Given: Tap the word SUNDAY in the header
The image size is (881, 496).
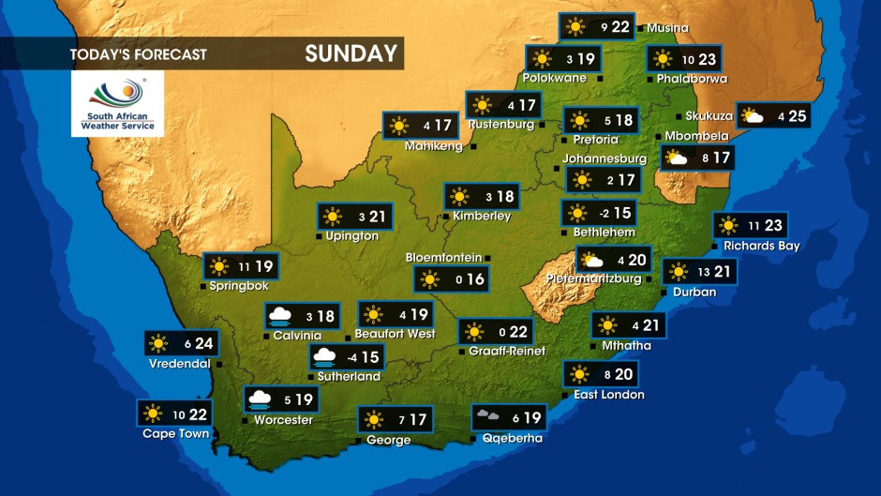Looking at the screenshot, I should pos(351,53).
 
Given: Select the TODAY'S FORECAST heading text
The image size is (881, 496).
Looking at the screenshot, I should pos(138,54).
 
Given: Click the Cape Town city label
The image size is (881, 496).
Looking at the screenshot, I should pos(175,434).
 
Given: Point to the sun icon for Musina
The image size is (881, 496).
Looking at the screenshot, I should pos(574,26).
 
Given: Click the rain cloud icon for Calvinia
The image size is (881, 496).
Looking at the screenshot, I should pos(280,316).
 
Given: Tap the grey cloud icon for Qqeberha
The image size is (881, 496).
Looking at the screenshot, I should pos(487,416).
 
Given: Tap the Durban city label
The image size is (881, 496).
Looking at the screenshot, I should pos(694,292).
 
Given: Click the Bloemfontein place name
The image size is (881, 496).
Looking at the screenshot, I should pos(443,258).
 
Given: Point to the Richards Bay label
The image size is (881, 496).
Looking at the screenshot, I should pos(760,246).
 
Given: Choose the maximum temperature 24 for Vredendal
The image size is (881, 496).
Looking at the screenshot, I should pos(203,343).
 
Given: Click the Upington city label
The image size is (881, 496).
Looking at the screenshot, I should pos(352,236).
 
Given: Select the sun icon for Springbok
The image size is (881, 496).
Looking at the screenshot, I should pos(219,266).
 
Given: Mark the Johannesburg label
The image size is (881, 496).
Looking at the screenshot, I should pos(604,159).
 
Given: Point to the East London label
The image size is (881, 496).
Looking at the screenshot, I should pos(609,395).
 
